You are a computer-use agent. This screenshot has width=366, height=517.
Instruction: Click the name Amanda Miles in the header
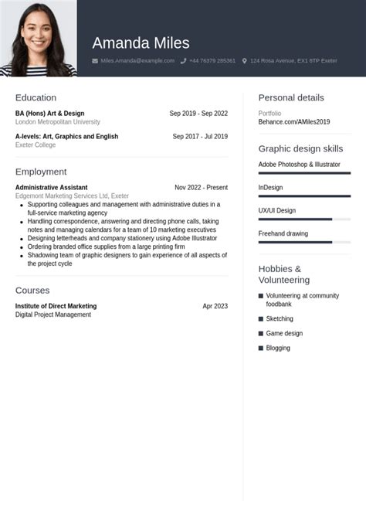coord(141,43)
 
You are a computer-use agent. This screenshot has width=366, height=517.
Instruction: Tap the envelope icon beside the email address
coord(95,60)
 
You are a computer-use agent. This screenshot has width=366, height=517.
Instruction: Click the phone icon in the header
coord(184,60)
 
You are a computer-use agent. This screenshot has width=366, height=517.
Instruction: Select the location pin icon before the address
coord(245,60)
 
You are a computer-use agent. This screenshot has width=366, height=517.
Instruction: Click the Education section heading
coord(36,97)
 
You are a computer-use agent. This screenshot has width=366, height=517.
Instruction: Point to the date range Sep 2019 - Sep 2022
coord(198,114)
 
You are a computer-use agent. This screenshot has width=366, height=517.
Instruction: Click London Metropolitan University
coord(57,122)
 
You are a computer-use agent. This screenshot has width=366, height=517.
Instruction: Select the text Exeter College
coord(36,145)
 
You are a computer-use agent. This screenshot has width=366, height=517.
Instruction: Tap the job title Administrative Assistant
coord(51,187)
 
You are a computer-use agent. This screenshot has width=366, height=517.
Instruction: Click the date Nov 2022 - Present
coord(201,187)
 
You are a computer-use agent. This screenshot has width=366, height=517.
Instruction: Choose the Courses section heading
coord(32,290)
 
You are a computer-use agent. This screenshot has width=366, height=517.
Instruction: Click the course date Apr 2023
coord(215,306)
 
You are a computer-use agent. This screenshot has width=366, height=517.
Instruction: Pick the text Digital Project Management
coord(53,315)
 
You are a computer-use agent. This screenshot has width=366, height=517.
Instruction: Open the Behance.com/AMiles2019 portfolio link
coord(293,122)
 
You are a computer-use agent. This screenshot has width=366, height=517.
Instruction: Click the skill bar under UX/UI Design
coord(295,219)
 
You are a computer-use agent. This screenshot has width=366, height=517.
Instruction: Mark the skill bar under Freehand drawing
coord(295,243)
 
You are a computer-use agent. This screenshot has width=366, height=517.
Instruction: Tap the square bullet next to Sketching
coord(261,318)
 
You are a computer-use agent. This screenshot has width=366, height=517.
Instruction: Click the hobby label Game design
coord(284,333)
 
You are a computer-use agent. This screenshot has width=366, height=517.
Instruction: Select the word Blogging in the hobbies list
coord(278,348)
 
